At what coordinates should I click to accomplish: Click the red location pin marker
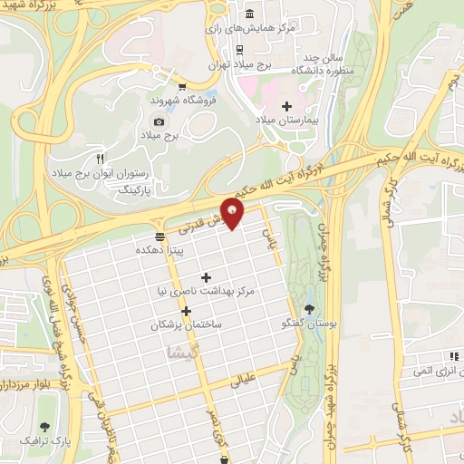tap(233, 214)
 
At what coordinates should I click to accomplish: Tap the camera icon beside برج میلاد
tap(159, 122)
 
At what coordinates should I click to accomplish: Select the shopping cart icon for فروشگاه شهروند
tap(184, 88)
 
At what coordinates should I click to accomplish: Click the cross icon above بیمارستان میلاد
tap(287, 107)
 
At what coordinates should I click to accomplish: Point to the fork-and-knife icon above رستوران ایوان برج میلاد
tap(101, 157)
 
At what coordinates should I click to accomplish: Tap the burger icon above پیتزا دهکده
tap(160, 237)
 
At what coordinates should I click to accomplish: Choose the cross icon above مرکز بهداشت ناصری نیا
tap(206, 277)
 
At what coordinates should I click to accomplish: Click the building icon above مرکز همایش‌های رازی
tap(251, 14)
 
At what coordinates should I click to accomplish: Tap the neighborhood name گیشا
tap(177, 355)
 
